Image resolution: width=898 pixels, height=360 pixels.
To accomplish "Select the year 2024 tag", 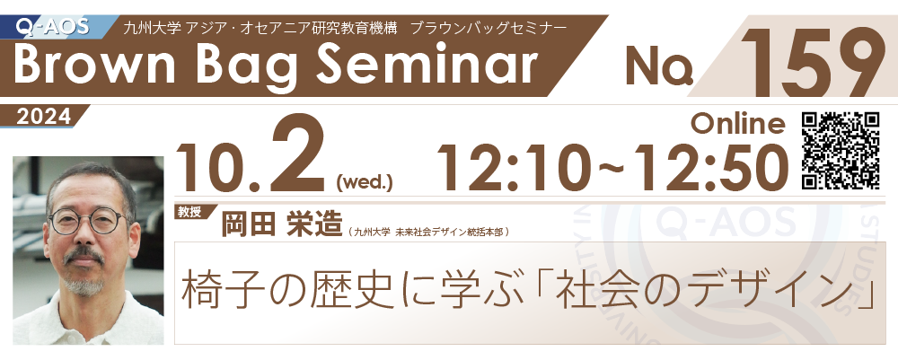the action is pyautogui.click(x=44, y=117).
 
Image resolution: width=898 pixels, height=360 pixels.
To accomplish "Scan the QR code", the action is pyautogui.click(x=841, y=150).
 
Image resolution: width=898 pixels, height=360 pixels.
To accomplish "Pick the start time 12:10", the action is pyautogui.click(x=510, y=166).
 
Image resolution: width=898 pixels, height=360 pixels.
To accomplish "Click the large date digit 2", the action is pyautogui.click(x=298, y=154).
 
